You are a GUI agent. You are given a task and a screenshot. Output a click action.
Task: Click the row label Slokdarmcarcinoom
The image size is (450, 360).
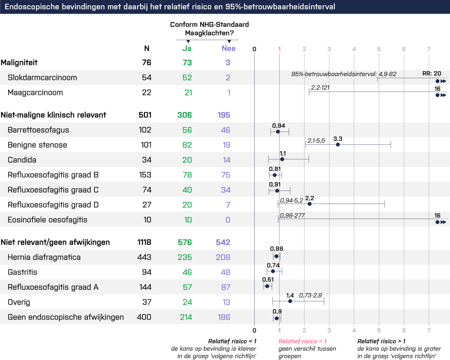(x=42, y=78)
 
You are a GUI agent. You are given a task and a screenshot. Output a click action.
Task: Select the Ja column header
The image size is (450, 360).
(x=187, y=48)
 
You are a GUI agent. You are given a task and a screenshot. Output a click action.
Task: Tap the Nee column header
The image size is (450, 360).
(x=229, y=48)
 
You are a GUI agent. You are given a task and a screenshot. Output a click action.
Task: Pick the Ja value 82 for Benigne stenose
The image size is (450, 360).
(x=187, y=145)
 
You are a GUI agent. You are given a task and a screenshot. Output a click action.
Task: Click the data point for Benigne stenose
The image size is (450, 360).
(x=337, y=144)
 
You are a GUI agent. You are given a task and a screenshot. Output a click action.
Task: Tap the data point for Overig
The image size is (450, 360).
(x=290, y=301)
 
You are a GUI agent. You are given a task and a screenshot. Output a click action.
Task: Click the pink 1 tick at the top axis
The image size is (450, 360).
(x=279, y=48)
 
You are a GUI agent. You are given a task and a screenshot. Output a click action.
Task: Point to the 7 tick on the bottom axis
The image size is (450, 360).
(x=428, y=330)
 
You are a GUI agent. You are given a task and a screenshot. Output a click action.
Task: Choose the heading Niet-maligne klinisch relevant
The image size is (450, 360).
(x=53, y=115)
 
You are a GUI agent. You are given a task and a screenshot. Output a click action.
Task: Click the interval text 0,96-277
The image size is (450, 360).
(x=293, y=215)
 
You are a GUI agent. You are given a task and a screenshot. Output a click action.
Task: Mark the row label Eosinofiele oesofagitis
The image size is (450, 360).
(x=47, y=220)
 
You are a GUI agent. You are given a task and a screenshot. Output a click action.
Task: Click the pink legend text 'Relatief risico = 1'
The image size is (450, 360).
(x=303, y=341)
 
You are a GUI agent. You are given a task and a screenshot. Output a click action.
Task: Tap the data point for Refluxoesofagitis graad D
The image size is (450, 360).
(x=309, y=204)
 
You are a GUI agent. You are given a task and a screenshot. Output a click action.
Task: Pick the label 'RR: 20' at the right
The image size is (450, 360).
(x=438, y=73)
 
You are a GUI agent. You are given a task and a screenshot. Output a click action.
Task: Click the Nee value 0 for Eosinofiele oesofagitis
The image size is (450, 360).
(x=228, y=220)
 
